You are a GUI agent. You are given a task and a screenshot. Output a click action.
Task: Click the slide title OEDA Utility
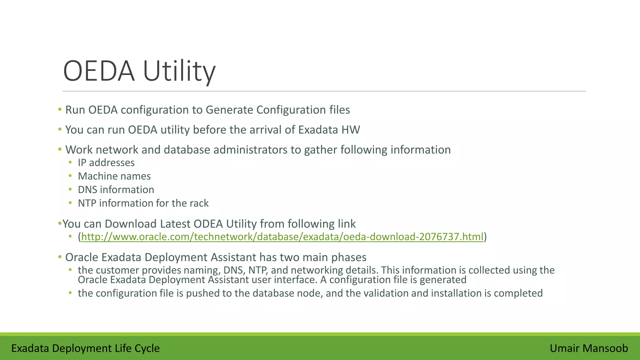(x=139, y=71)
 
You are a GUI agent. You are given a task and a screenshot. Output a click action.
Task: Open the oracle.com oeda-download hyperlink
(x=282, y=237)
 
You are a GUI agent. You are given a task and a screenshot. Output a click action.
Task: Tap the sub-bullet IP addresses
(x=106, y=163)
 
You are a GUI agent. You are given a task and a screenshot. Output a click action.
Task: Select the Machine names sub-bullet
(x=114, y=176)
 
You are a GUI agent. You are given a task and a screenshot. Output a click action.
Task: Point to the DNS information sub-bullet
(x=116, y=190)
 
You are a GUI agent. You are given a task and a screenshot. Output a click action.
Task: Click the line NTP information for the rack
(x=143, y=203)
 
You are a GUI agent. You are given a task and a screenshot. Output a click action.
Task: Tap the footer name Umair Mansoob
(x=589, y=348)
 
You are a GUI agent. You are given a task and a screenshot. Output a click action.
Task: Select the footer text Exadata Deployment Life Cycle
(x=85, y=348)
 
